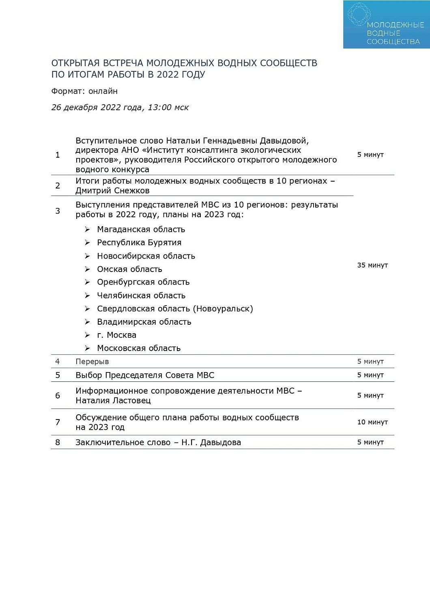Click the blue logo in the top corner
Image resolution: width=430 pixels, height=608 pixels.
click(386, 24)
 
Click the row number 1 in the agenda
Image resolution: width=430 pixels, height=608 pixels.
click(58, 155)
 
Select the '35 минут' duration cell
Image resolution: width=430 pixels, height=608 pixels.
click(372, 265)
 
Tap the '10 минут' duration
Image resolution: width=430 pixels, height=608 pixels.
click(372, 422)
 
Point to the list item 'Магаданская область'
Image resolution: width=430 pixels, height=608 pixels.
click(141, 229)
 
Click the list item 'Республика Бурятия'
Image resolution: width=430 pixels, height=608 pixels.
click(139, 242)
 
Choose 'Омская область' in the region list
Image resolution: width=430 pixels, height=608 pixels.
click(129, 269)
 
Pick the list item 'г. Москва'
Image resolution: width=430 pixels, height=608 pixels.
click(116, 335)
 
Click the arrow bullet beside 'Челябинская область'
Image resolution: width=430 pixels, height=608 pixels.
click(87, 295)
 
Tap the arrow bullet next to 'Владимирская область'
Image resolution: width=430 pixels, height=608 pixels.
click(87, 322)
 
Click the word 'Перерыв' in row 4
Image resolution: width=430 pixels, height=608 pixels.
click(92, 361)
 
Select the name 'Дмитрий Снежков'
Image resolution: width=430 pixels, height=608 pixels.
click(112, 191)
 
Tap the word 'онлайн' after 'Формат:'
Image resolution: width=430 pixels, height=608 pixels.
click(103, 91)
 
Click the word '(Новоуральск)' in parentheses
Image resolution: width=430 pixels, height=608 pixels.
click(223, 309)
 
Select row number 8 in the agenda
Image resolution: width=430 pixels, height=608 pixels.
click(58, 442)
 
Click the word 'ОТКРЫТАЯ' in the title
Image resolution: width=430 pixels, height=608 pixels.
click(75, 63)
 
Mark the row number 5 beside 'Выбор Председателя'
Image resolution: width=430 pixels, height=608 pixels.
click(58, 375)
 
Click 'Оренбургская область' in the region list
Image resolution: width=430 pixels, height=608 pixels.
click(143, 282)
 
